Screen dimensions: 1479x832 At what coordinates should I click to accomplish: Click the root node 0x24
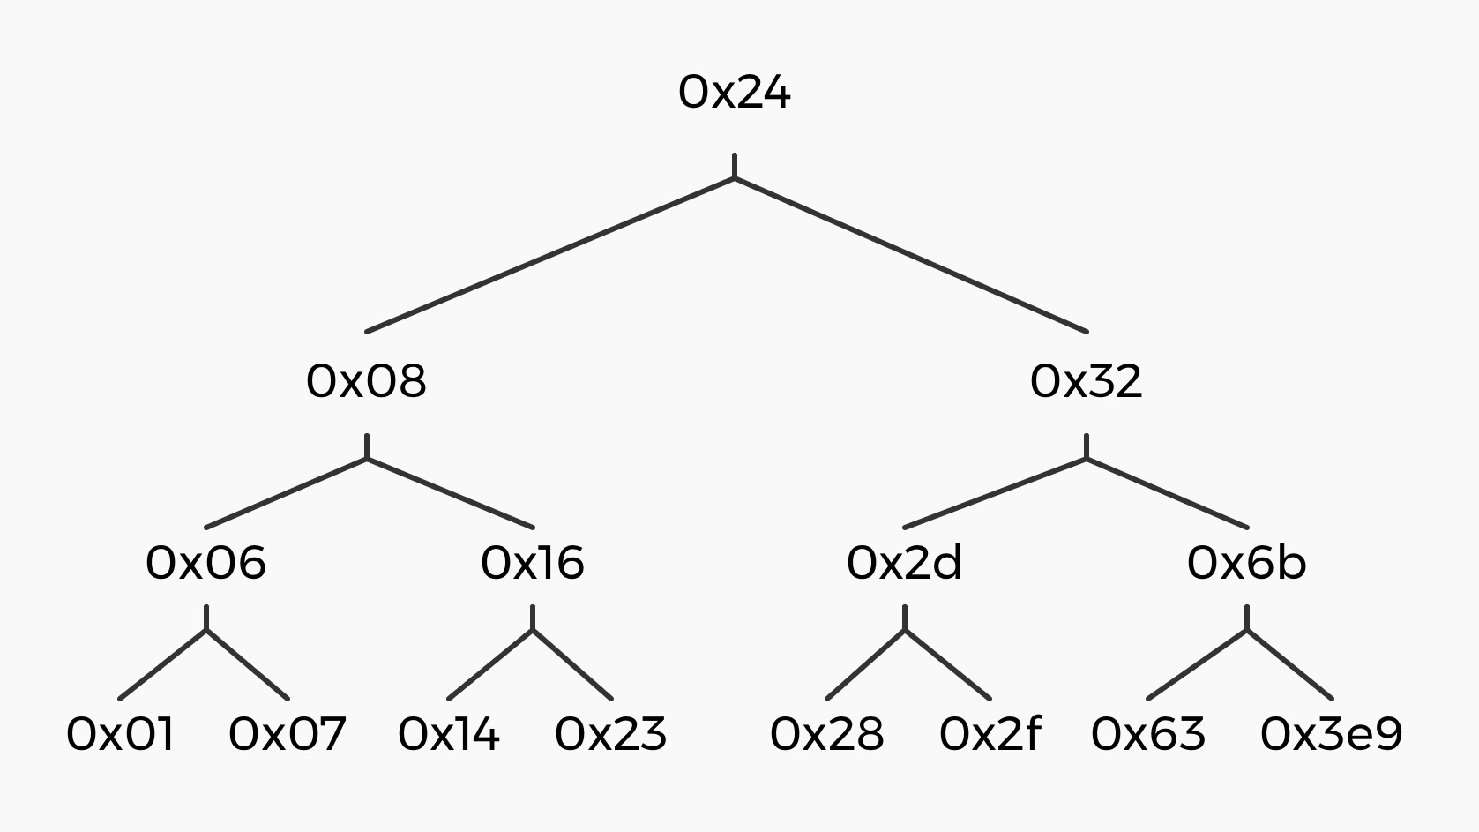point(735,93)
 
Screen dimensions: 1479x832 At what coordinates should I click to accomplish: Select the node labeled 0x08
point(367,382)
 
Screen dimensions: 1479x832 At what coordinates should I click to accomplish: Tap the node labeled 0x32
point(1087,382)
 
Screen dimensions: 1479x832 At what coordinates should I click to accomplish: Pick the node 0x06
point(206,563)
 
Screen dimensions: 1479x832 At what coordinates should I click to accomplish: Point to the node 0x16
point(532,563)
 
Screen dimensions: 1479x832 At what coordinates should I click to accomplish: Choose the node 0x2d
point(905,563)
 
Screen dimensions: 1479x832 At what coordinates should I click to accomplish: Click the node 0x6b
point(1246,563)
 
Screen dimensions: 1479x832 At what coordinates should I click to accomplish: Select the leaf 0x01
point(120,734)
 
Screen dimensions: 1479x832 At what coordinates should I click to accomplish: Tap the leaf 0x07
point(288,734)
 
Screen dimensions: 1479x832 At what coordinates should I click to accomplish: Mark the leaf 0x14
point(448,734)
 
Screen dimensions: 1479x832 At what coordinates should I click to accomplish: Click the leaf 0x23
point(611,734)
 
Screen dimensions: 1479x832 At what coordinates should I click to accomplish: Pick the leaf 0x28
point(826,734)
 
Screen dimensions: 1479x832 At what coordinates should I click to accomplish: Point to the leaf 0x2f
point(990,734)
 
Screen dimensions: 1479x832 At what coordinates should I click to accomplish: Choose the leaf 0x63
point(1148,734)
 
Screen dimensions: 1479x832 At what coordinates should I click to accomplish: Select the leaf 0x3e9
point(1331,734)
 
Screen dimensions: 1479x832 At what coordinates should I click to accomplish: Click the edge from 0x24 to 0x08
point(550,255)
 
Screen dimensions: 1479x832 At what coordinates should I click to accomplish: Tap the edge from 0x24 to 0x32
point(910,255)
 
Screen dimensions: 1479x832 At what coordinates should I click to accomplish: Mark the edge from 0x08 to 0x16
point(450,493)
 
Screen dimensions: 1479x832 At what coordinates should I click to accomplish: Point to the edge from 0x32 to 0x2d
point(995,493)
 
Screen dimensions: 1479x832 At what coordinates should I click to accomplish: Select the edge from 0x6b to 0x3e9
point(1289,664)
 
